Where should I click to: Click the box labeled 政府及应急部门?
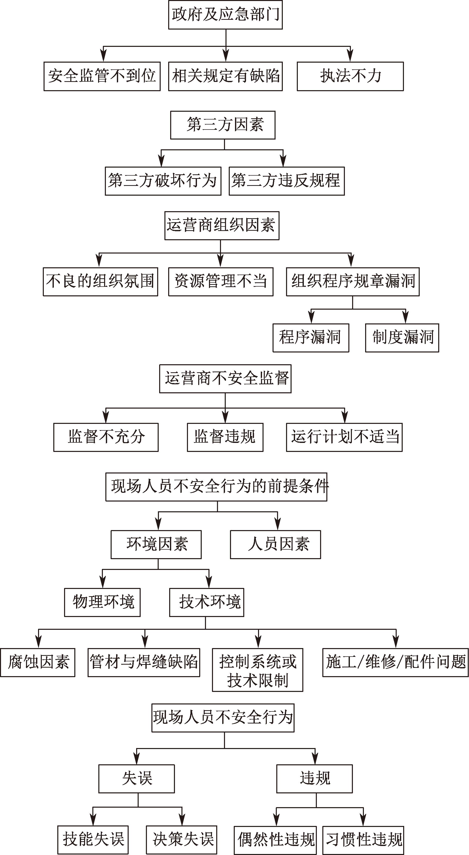pos(225,15)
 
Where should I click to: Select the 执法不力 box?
pos(350,76)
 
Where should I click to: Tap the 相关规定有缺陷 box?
pos(225,76)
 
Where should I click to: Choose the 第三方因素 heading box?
pos(223,125)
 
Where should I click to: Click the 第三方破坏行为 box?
pos(163,181)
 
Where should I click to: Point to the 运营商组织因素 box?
pos(222,225)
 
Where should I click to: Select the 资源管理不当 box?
pos(221,282)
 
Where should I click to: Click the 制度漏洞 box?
pos(402,337)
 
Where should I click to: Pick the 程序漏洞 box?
pos(311,337)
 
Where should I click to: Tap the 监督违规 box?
pos(225,437)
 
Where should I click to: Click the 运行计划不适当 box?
pos(344,437)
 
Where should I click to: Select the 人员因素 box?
pos(276,545)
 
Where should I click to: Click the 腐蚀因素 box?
pos(38,663)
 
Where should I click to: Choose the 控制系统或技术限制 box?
pos(258,670)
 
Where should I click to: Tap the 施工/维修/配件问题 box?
pos(396,663)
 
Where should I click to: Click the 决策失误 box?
pos(181,840)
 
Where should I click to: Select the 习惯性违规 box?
pos(363,840)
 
